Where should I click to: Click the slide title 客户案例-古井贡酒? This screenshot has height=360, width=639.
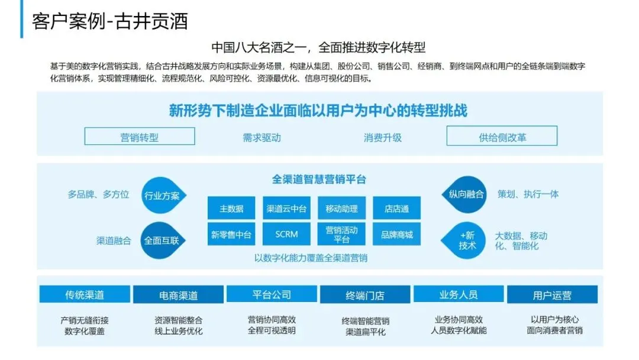pos(110,21)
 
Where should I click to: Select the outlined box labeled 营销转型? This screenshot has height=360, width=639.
pos(140,137)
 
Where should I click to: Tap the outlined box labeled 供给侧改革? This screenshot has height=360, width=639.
pos(502,137)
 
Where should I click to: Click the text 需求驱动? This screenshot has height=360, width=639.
pos(262,137)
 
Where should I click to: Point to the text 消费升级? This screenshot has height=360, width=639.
pos(382,137)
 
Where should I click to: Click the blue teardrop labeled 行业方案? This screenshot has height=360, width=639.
pos(162,195)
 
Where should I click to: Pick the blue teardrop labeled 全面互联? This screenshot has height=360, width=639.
pos(162,240)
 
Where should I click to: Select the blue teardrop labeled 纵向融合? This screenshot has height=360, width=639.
pos(466,194)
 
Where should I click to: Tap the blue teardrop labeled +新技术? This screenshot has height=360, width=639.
pos(466,240)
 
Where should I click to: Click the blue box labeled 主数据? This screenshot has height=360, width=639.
pos(231,208)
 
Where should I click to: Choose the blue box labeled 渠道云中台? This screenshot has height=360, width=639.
pos(286,208)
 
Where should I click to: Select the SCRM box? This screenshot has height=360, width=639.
pos(286,234)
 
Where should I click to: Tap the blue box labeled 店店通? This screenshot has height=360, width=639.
pos(396,208)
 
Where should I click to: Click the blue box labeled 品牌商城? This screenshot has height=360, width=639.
pos(396,234)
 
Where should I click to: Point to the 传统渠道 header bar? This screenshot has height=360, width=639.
pos(85,295)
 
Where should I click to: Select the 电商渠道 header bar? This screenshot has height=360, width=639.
pos(178,295)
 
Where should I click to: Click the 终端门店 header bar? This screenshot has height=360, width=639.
pos(364,295)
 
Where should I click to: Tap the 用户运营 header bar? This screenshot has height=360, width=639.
pos(552,295)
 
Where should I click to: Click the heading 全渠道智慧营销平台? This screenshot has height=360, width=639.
pos(319,179)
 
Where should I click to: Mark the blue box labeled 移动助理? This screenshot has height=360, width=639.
pos(341,208)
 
